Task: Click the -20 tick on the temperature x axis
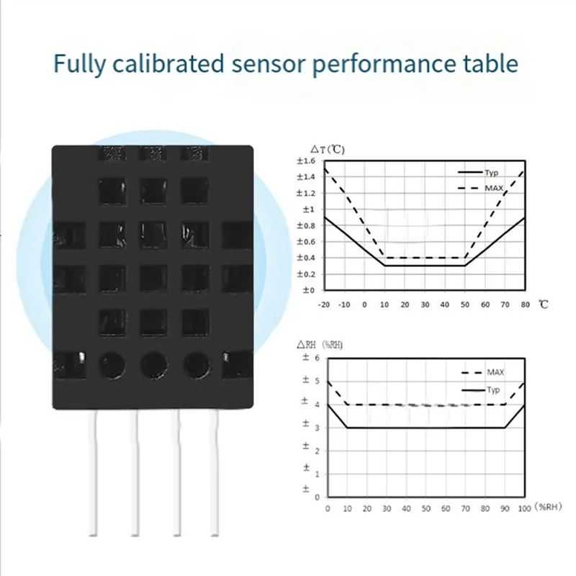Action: click(x=325, y=305)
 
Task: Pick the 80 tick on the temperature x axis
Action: click(x=524, y=305)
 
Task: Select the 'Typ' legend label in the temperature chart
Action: click(x=492, y=173)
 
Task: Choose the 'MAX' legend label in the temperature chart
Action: click(x=494, y=188)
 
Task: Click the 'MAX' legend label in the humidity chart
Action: click(x=495, y=372)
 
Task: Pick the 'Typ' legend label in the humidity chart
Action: click(x=493, y=390)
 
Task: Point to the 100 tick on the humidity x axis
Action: click(x=524, y=508)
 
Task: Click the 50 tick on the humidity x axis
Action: click(x=426, y=508)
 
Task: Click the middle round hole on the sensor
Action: click(x=153, y=364)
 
